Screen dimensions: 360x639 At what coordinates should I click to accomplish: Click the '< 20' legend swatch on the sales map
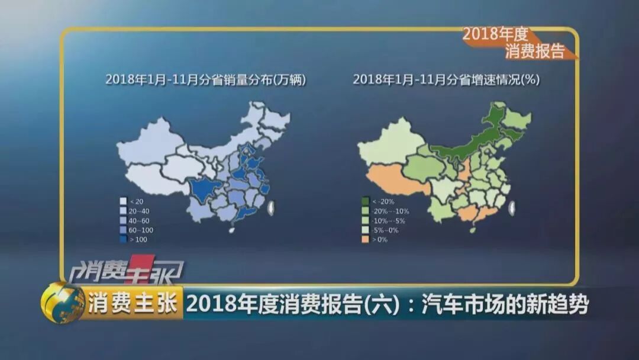coord(123,201)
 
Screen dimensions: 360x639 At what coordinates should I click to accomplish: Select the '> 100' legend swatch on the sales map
coord(123,239)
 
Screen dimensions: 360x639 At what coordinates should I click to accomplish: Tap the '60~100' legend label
coord(140,230)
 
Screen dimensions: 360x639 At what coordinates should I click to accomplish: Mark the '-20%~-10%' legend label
coord(390,211)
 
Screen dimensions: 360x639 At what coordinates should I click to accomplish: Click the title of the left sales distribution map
coord(205,79)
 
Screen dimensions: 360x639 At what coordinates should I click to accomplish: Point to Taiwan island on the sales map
coord(272,207)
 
